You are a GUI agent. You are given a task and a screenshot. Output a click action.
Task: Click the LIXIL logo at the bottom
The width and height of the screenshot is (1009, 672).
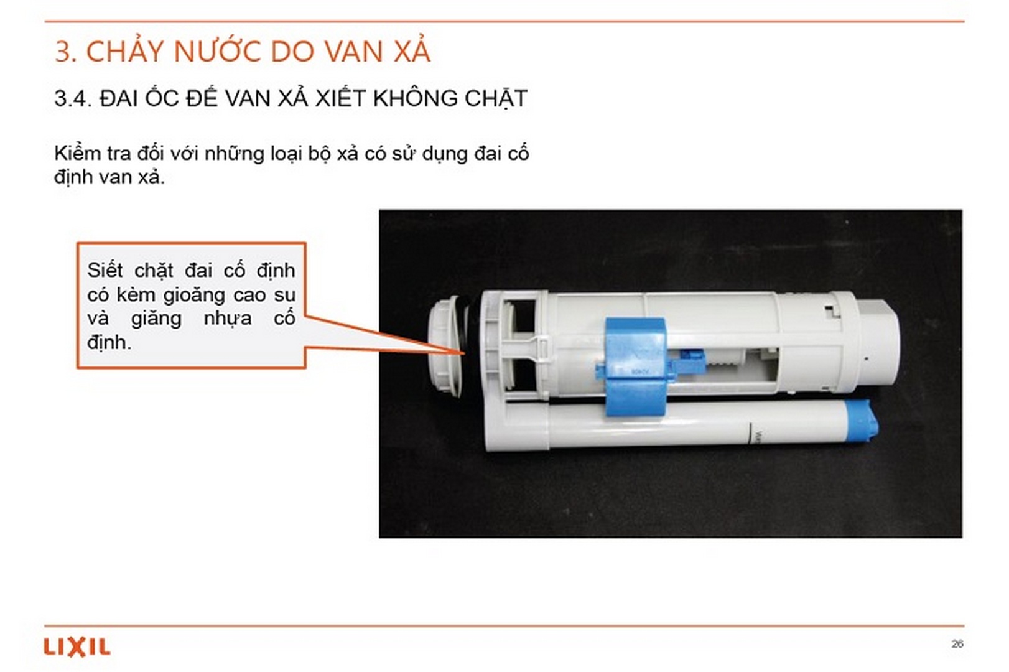[77, 647]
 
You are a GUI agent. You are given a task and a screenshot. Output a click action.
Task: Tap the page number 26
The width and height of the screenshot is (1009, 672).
[957, 644]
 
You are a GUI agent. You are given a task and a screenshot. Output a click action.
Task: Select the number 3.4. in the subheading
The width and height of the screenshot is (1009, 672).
[72, 98]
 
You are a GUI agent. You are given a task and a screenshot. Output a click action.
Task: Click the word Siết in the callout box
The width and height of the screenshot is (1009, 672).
[105, 271]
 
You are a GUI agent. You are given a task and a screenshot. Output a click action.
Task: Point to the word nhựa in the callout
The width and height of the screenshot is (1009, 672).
[227, 319]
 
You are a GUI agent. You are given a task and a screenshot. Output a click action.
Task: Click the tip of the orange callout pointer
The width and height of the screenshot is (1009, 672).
[464, 353]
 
